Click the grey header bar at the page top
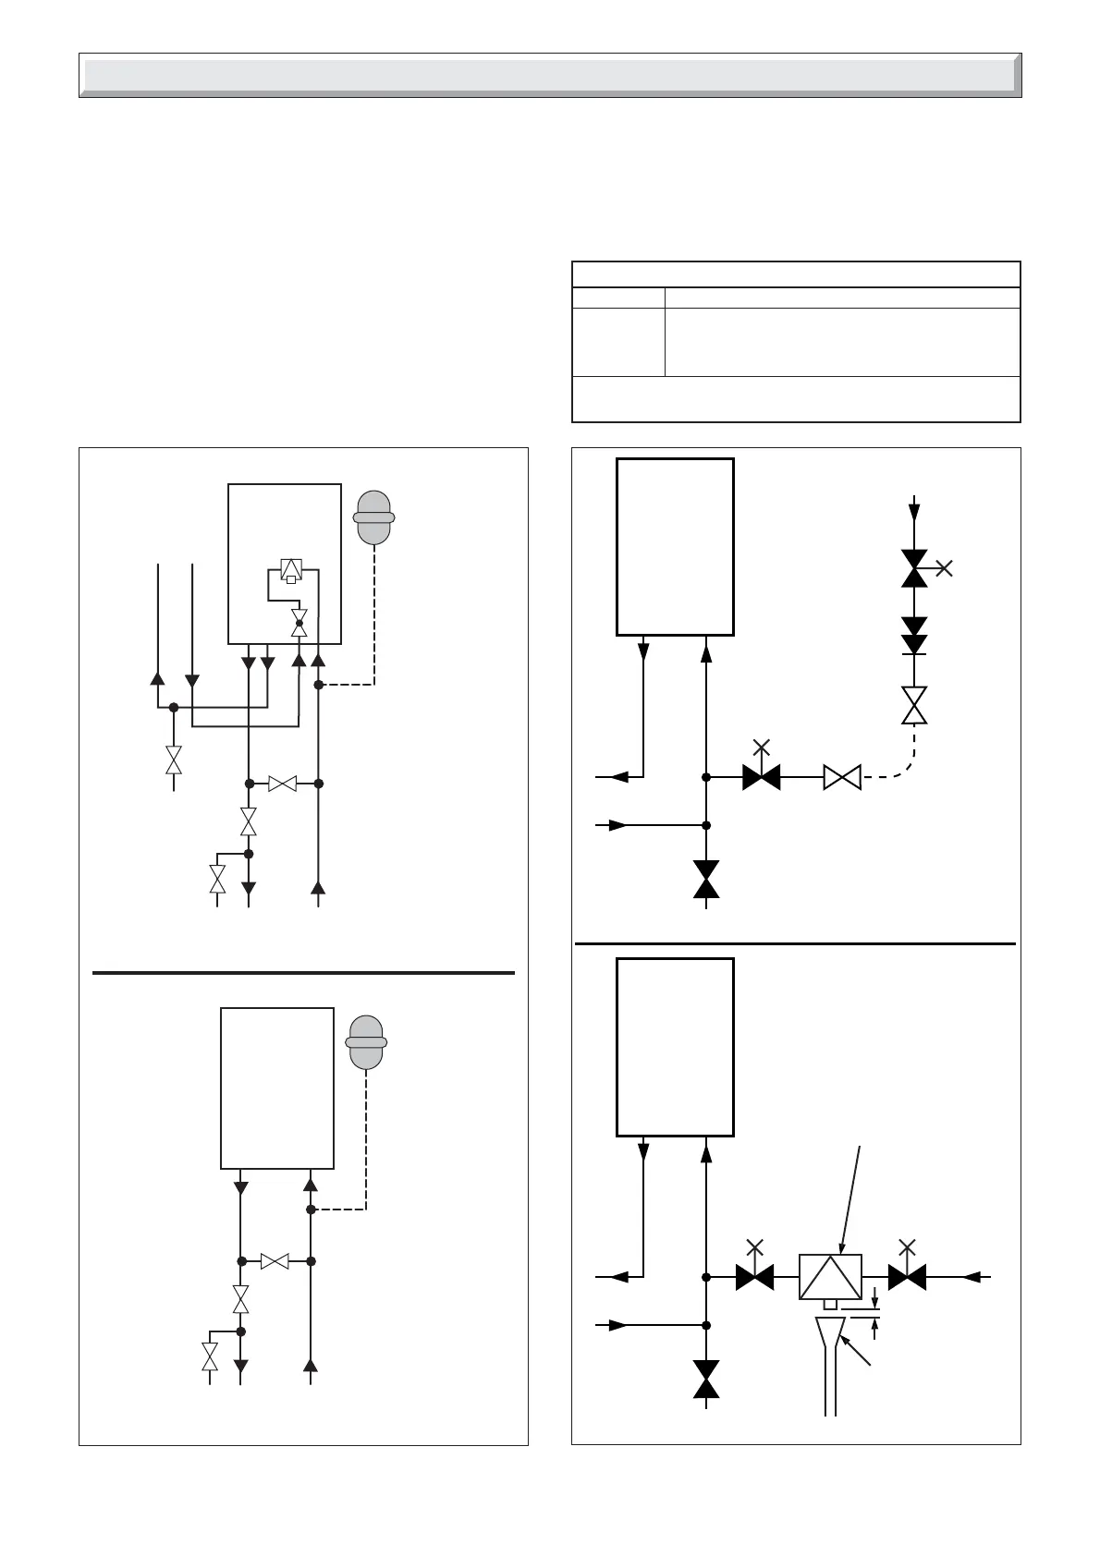550,75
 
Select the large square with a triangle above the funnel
830,1276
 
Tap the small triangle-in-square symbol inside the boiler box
291,569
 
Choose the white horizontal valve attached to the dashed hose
842,777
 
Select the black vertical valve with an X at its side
915,568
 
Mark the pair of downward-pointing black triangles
914,636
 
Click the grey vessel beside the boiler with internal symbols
374,517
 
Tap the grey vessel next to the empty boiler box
366,1042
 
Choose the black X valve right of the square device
907,1276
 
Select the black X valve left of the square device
755,1276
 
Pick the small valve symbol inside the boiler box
299,622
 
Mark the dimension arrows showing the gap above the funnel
874,1317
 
